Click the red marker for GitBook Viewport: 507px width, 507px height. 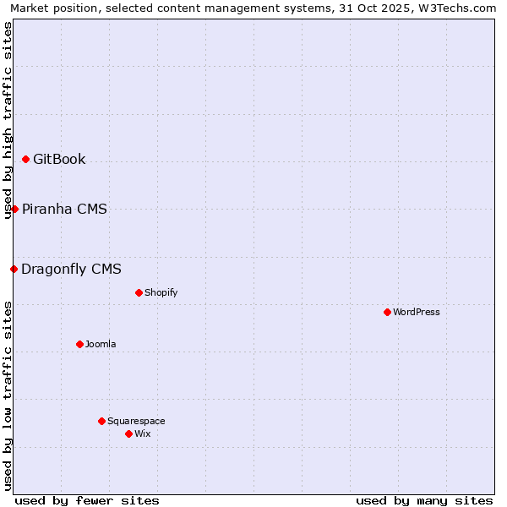point(25,160)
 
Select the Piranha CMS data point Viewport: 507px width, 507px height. point(14,209)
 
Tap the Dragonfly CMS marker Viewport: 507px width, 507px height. point(14,270)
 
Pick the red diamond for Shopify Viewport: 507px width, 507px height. point(139,293)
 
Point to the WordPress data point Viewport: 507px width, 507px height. point(387,313)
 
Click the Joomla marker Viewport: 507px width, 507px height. point(79,344)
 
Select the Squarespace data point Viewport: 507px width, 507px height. point(101,421)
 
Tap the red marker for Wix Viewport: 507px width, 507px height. point(128,433)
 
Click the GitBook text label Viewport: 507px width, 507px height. point(59,160)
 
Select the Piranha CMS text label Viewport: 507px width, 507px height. point(64,209)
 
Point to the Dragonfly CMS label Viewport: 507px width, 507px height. point(71,270)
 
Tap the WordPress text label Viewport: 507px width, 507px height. point(417,313)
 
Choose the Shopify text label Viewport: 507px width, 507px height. point(161,293)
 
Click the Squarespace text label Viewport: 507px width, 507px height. point(136,421)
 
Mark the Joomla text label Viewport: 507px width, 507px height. point(101,344)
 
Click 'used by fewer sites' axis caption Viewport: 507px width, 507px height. point(87,500)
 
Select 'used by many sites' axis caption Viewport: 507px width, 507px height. point(424,500)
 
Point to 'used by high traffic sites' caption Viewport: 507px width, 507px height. point(8,120)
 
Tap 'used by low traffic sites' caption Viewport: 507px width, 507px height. point(8,395)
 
